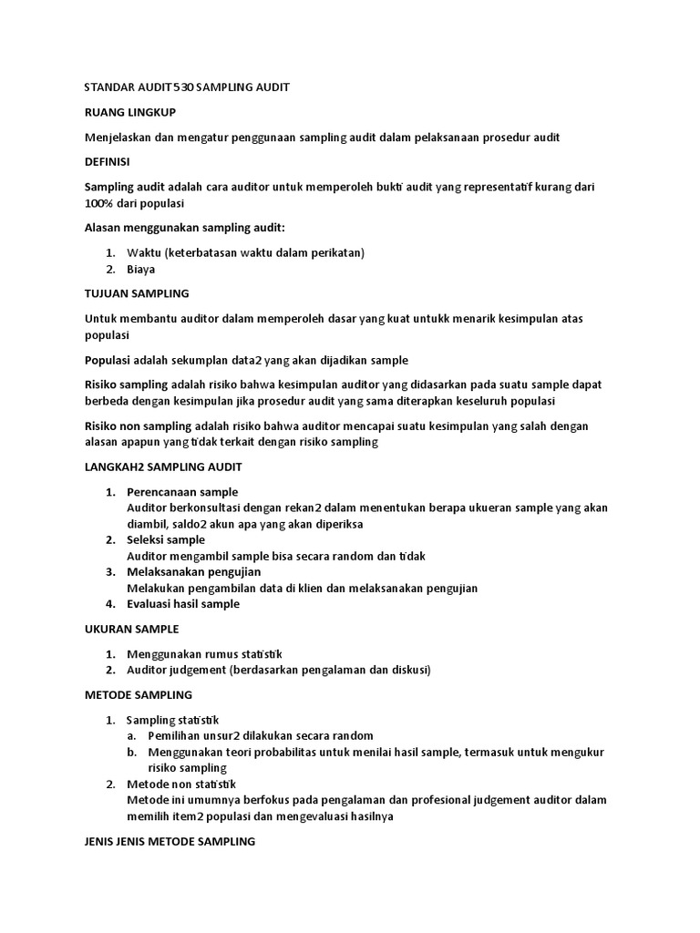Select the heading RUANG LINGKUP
(x=129, y=112)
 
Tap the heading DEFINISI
(x=107, y=161)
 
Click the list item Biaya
(x=141, y=269)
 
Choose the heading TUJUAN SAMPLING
(x=137, y=293)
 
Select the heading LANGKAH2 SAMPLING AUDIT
(x=163, y=466)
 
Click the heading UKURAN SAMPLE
(x=131, y=629)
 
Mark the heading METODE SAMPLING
(x=138, y=694)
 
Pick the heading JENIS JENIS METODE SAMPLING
(x=170, y=842)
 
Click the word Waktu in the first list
(x=144, y=252)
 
